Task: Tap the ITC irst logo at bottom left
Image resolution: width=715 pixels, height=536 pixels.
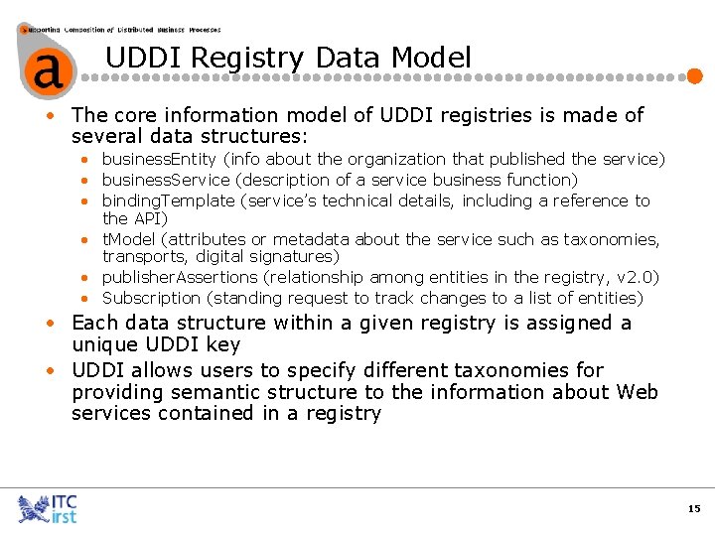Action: tap(47, 508)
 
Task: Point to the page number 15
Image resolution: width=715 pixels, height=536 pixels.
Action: tap(693, 508)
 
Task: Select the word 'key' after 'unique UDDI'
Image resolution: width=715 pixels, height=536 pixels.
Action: tap(222, 345)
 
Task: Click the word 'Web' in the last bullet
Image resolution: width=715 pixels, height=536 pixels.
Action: tap(637, 392)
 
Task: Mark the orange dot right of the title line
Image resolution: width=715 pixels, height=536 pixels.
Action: tap(696, 75)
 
